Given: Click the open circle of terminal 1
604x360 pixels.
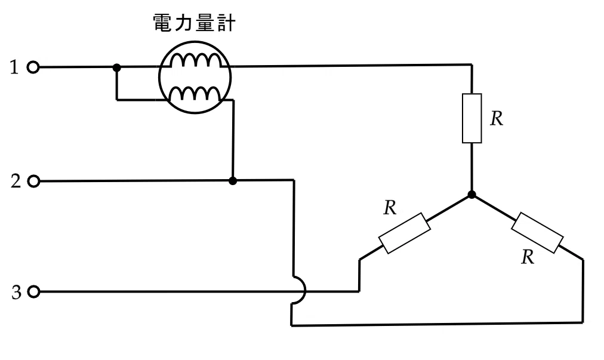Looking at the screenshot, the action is click(x=33, y=67).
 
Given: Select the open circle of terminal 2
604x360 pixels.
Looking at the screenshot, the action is click(x=34, y=181).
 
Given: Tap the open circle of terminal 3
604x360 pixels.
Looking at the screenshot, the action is click(x=34, y=292).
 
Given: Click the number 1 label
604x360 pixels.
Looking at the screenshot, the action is click(x=14, y=67).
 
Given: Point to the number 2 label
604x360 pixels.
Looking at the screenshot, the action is click(x=16, y=181).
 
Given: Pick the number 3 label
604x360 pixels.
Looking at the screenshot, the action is click(x=16, y=292).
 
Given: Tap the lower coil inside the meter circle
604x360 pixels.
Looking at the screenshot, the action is click(x=195, y=94).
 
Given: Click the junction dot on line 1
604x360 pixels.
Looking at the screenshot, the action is click(x=117, y=68).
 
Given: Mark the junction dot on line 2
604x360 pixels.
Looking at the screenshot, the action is click(x=232, y=181).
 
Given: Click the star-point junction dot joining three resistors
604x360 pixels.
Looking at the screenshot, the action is click(x=472, y=195).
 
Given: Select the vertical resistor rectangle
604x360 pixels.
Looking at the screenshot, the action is click(x=472, y=118).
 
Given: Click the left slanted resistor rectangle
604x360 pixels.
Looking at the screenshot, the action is click(x=405, y=233).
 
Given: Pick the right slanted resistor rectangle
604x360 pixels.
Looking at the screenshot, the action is click(x=537, y=232).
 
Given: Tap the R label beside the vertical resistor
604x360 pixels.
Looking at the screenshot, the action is click(x=497, y=119).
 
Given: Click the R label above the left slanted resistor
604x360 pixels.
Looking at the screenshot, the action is click(x=390, y=208).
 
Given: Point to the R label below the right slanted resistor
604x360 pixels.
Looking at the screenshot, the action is click(x=528, y=257).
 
